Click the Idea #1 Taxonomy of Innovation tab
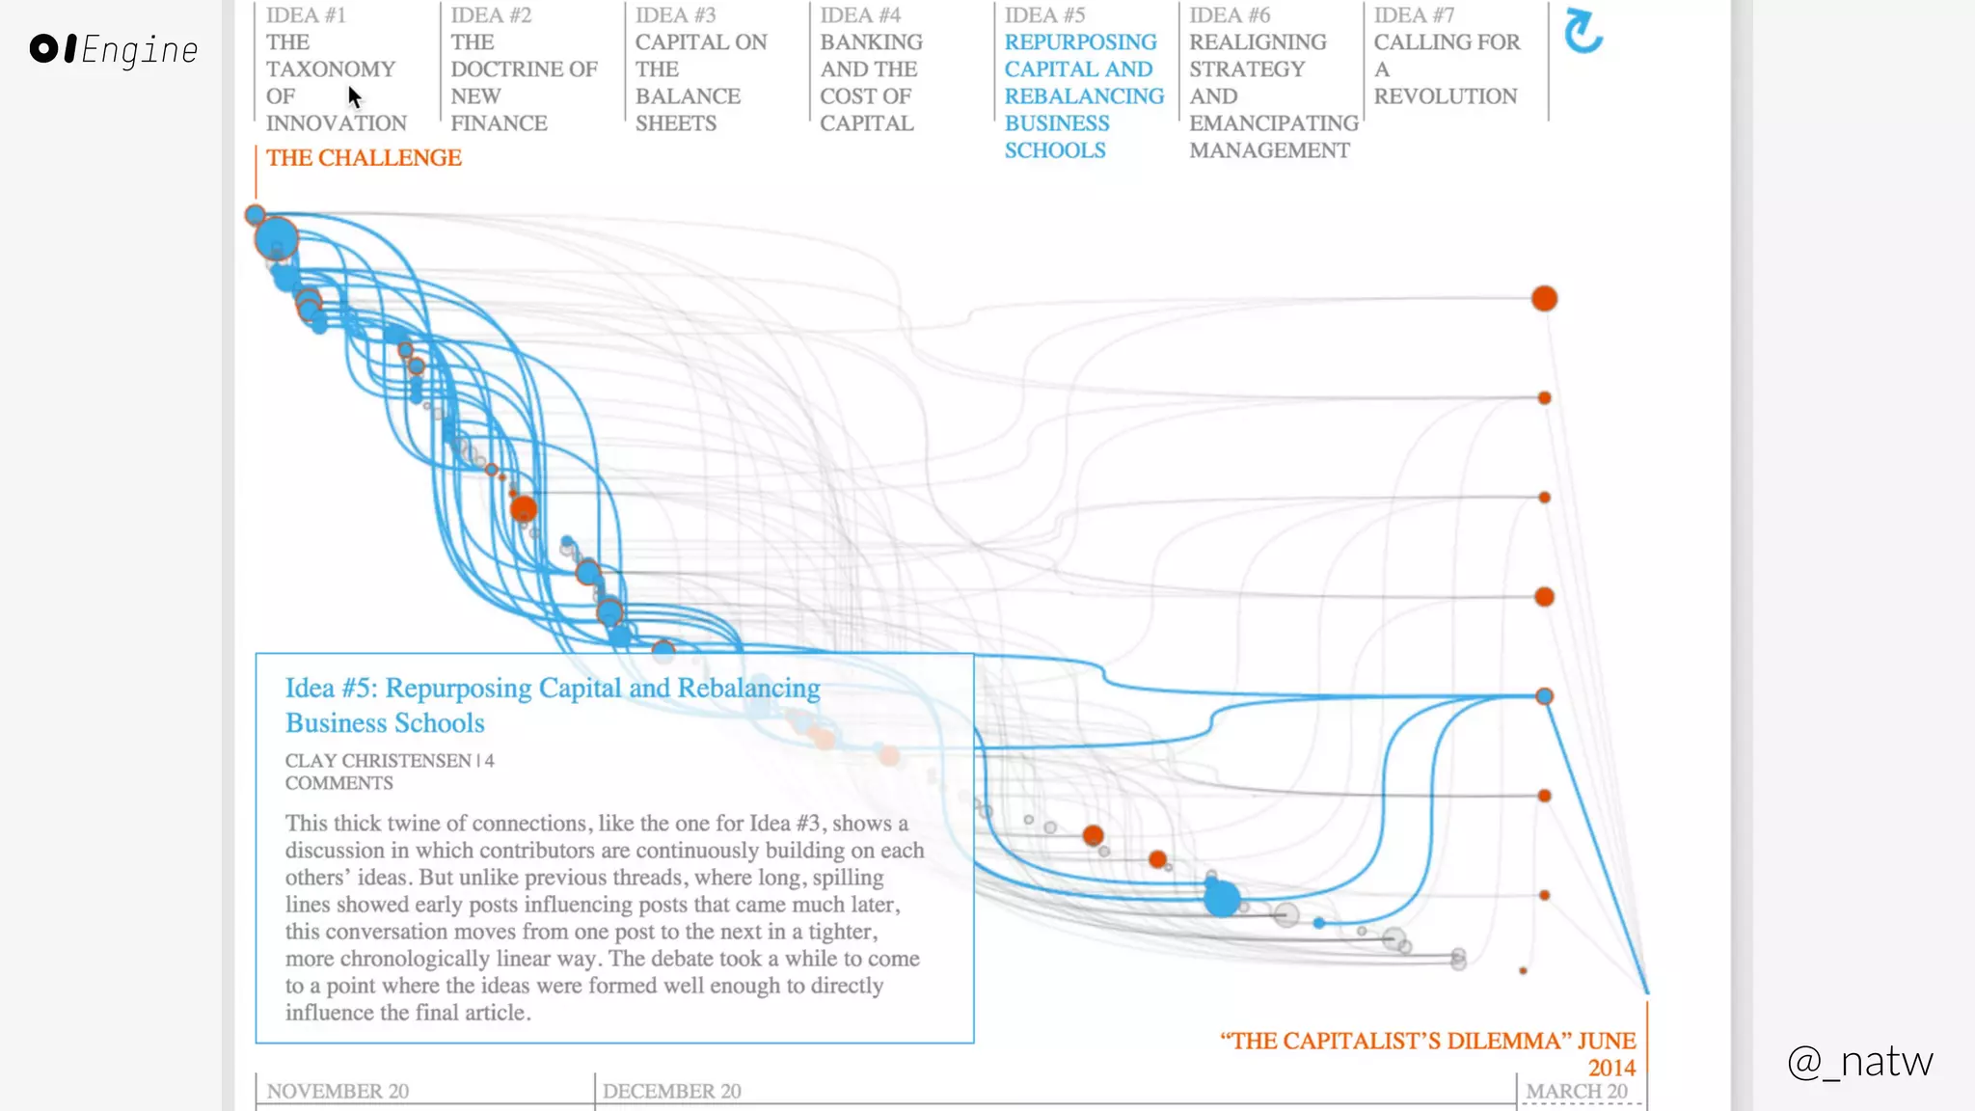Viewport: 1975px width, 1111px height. pos(335,68)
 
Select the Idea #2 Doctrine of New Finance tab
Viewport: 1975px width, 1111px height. pos(523,68)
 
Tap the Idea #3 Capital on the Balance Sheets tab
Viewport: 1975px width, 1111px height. pos(701,68)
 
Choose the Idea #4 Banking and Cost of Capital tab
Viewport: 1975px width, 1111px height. pos(870,68)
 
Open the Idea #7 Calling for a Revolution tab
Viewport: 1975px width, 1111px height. pos(1446,55)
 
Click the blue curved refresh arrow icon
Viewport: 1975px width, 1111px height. pos(1583,31)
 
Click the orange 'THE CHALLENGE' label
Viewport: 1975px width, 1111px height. pos(364,157)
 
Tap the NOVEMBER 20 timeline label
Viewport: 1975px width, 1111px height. pos(338,1091)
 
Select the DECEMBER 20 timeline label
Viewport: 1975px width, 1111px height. pos(671,1091)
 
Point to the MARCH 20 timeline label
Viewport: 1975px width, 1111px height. pos(1577,1091)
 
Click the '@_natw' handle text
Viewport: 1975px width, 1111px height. pos(1859,1061)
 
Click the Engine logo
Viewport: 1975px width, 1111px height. pos(114,49)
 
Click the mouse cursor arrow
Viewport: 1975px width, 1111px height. pos(354,96)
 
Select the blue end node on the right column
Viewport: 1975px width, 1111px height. pos(1544,696)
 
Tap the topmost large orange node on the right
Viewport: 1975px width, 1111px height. pos(1544,298)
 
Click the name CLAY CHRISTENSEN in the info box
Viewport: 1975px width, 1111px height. pos(378,761)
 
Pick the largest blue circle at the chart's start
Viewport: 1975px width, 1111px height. pos(276,238)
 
